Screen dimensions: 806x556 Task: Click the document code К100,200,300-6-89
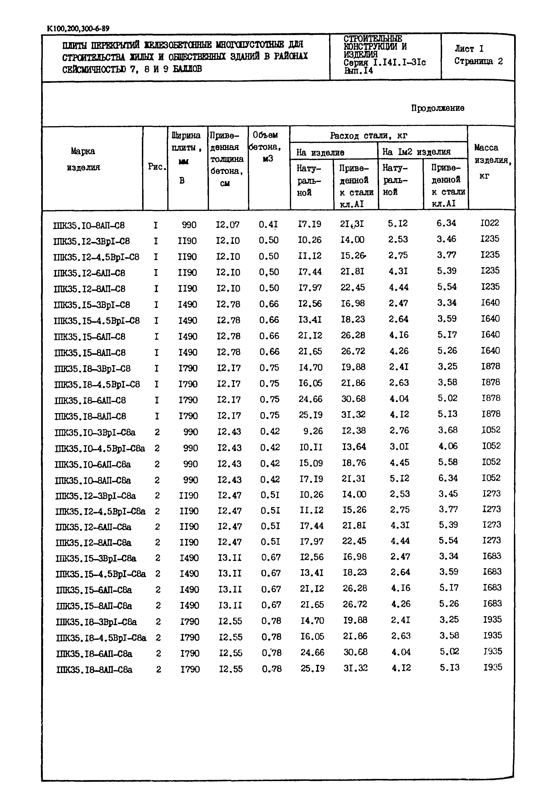point(78,28)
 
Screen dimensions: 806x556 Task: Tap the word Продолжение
point(438,108)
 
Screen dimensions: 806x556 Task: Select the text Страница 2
point(478,61)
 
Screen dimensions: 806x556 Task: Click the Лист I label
point(469,49)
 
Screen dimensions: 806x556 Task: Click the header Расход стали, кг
point(368,136)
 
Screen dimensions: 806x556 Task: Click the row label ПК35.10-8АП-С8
point(89,225)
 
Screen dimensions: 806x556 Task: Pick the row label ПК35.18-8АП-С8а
point(94,670)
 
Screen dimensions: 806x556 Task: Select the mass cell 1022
point(489,223)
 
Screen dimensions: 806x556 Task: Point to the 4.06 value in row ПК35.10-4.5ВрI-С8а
point(448,446)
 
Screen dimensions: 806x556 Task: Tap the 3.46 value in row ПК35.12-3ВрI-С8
point(446,239)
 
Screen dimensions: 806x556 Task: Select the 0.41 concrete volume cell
point(268,224)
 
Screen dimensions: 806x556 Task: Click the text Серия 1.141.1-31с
point(384,63)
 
